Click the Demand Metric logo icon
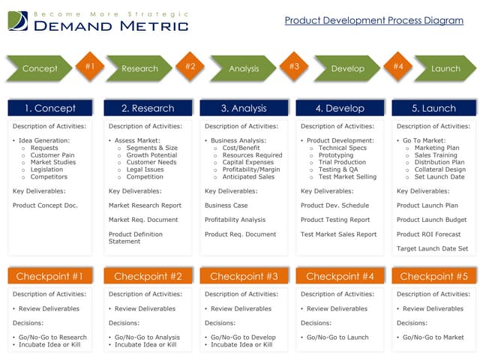tap(18, 21)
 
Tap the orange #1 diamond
tap(90, 66)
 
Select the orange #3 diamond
tap(294, 66)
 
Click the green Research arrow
tap(139, 68)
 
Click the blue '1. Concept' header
tap(50, 108)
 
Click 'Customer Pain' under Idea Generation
tap(53, 155)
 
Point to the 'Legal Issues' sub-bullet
tap(145, 169)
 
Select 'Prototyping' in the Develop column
tap(337, 155)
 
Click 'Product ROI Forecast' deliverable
tap(428, 234)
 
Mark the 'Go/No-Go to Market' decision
tap(433, 337)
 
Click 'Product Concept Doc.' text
tap(45, 205)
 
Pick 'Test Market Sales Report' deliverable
tap(338, 234)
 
